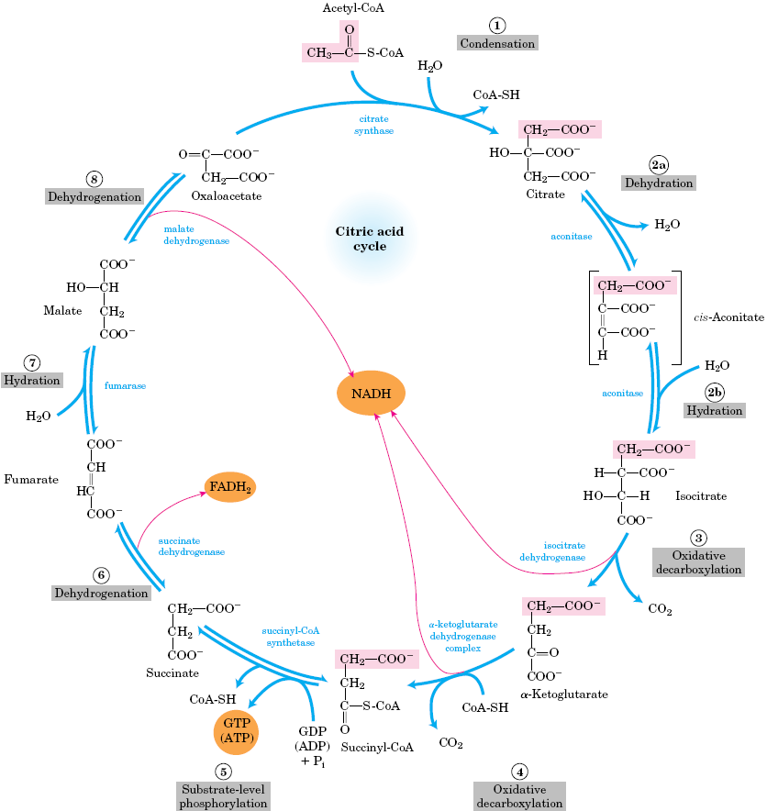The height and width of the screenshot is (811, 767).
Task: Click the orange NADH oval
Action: (x=371, y=394)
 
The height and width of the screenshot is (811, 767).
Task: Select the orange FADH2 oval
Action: (x=229, y=487)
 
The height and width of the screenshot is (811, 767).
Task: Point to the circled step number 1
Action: (x=496, y=25)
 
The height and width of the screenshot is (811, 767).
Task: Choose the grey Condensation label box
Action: (x=496, y=43)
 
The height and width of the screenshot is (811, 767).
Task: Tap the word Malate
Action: (x=62, y=311)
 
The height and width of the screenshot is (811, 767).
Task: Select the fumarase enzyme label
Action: (x=126, y=386)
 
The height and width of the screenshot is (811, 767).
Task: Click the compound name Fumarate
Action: (x=31, y=479)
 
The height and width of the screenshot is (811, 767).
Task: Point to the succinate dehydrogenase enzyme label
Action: (x=191, y=547)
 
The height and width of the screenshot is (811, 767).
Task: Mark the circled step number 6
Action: (x=101, y=575)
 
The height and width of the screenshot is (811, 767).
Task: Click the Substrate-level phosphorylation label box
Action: (x=222, y=795)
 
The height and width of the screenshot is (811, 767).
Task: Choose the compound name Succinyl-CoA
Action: (x=377, y=748)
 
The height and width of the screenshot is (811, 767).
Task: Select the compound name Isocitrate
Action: (x=701, y=496)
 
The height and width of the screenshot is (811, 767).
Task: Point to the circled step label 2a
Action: (x=658, y=165)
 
